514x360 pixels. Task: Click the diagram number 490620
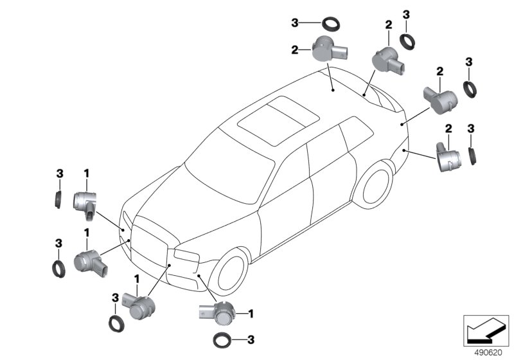[488, 353]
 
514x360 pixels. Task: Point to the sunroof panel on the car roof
[279, 120]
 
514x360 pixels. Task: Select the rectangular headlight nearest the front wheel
[186, 255]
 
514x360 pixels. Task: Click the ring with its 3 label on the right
[222, 339]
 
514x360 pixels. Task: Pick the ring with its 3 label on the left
[331, 24]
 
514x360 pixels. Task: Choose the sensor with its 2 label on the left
[330, 48]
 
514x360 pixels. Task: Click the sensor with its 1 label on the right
[217, 312]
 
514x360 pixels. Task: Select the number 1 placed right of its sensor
[251, 314]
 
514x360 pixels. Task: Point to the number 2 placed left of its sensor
[295, 50]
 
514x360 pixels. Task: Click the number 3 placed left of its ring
[295, 22]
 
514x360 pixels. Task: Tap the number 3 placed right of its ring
[251, 339]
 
